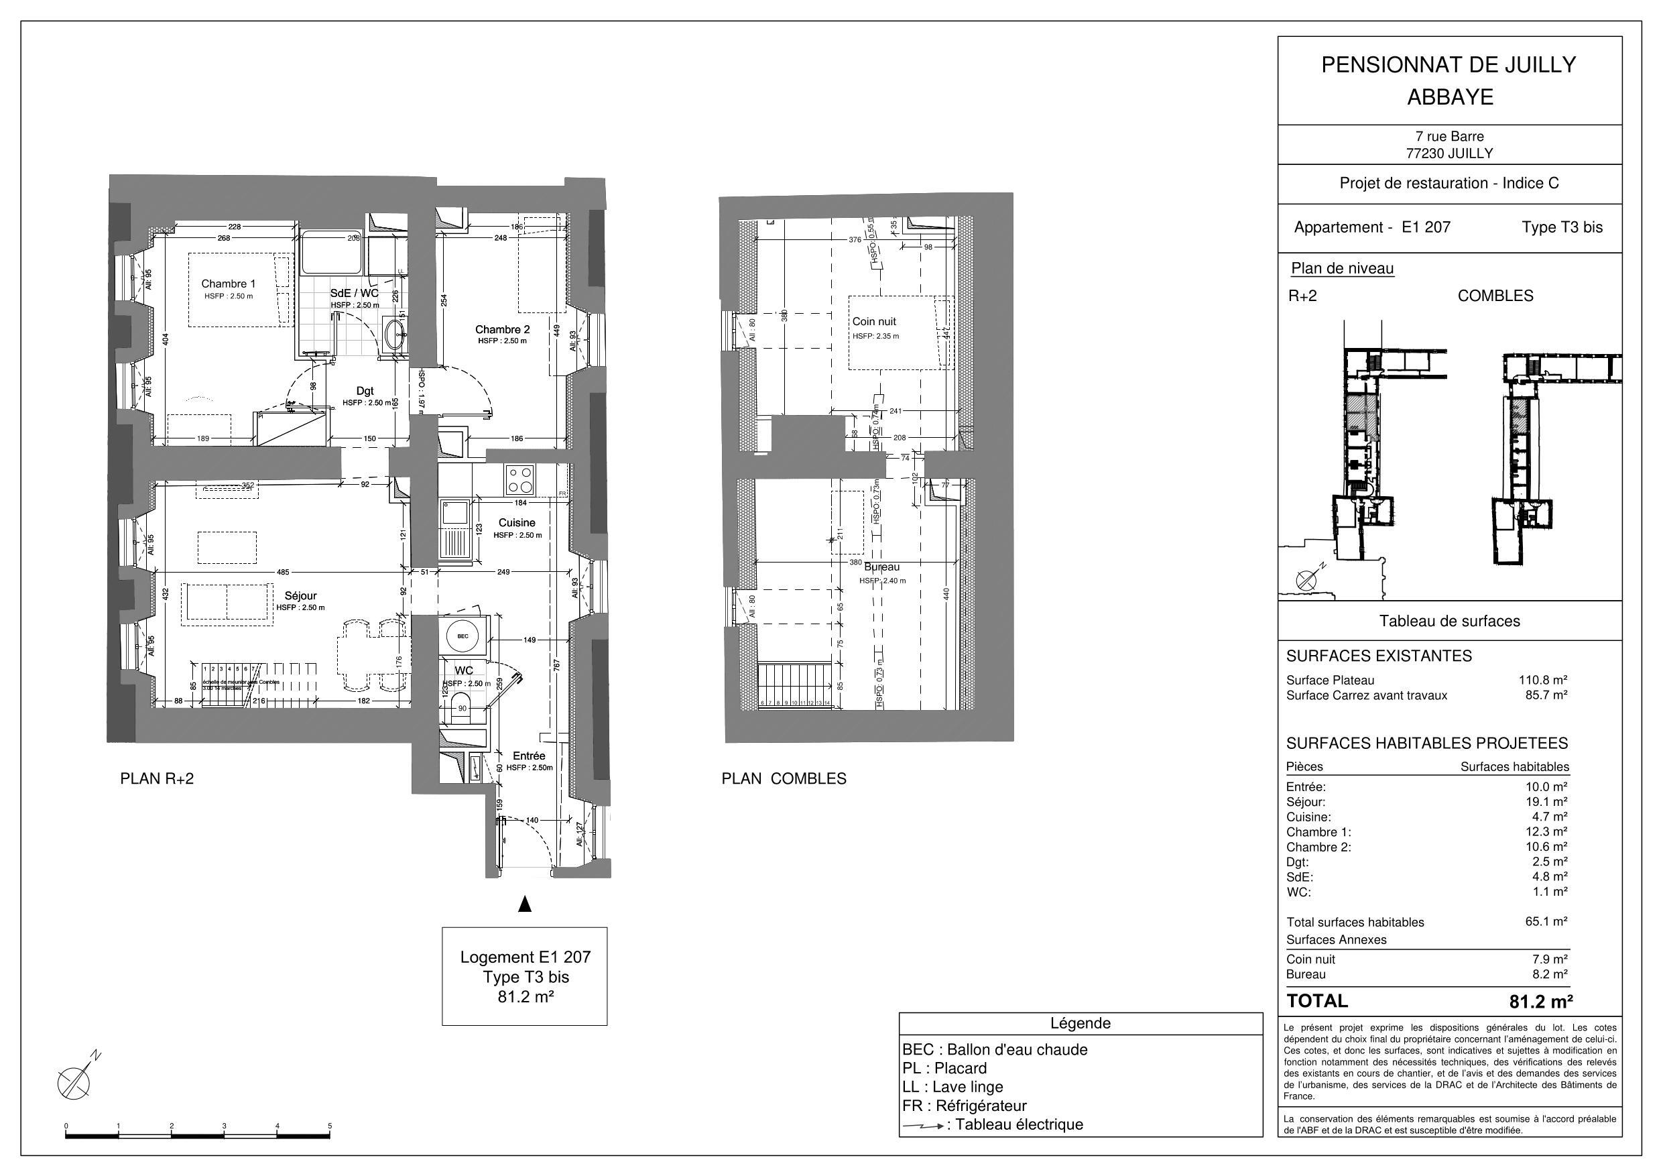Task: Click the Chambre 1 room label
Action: (x=228, y=284)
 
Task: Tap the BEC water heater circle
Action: (x=463, y=636)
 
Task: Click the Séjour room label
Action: (x=300, y=595)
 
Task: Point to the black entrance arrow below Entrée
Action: (x=525, y=904)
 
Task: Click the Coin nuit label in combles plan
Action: (x=874, y=321)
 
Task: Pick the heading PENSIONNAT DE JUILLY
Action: (x=1449, y=65)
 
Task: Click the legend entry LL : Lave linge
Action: (x=952, y=1087)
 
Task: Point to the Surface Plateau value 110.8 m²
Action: (x=1543, y=680)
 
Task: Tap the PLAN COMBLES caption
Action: (x=784, y=779)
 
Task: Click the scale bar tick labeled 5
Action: (x=330, y=1126)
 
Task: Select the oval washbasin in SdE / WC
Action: (x=395, y=334)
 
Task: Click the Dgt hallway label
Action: (x=365, y=392)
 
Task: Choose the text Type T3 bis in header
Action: (x=1562, y=227)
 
